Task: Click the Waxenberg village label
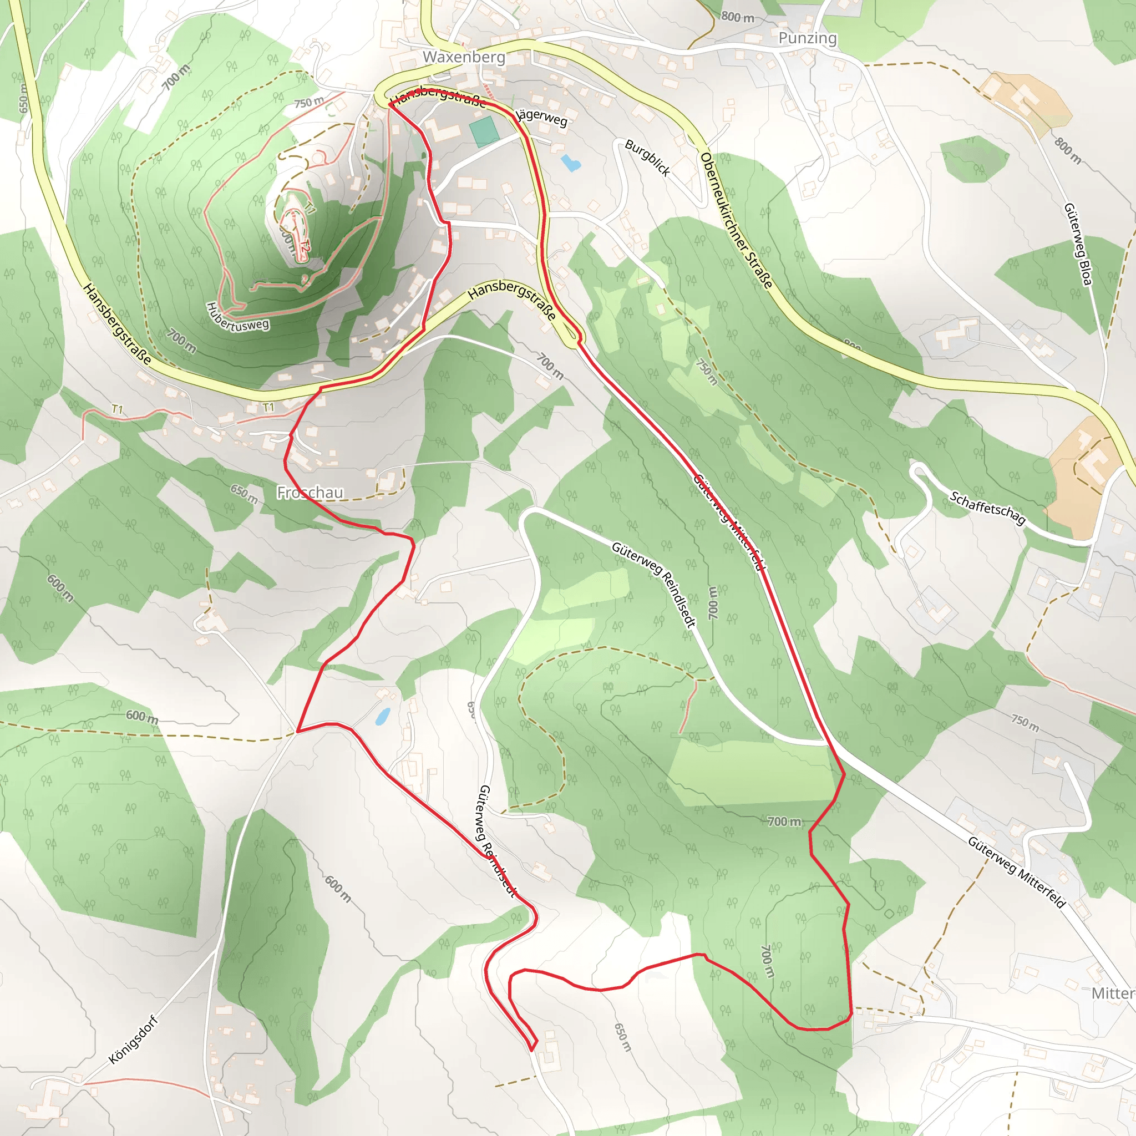tap(464, 57)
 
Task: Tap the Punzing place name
tap(807, 38)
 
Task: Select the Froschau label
tap(310, 492)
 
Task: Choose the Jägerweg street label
tap(541, 116)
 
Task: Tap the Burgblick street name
tap(647, 158)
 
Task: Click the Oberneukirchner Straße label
tap(736, 221)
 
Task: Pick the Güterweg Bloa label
tap(1078, 244)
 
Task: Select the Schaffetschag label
tap(987, 508)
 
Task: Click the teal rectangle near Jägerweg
tap(484, 131)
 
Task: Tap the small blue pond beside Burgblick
tap(570, 163)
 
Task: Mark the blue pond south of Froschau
tap(382, 716)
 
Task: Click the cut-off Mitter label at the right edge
tap(1113, 993)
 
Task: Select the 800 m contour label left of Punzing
tap(737, 17)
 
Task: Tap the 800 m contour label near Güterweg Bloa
tap(1067, 150)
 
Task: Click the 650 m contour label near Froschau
tap(244, 494)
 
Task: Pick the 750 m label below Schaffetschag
tap(1025, 723)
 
